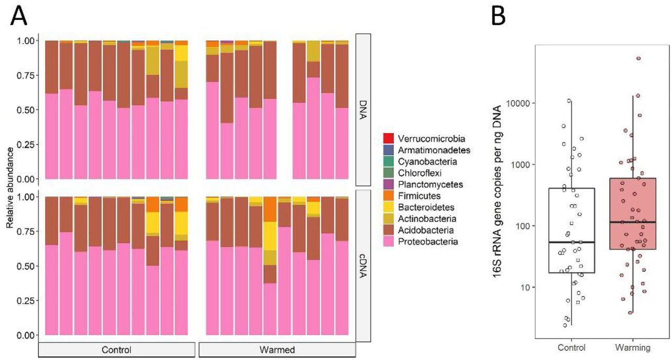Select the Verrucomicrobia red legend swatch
click(389, 139)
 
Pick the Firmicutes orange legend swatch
click(389, 196)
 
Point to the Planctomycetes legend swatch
click(389, 184)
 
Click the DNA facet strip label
click(364, 110)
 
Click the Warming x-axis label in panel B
click(633, 347)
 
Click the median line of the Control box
click(571, 242)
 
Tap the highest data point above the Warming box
click(638, 58)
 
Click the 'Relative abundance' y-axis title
click(9, 187)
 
